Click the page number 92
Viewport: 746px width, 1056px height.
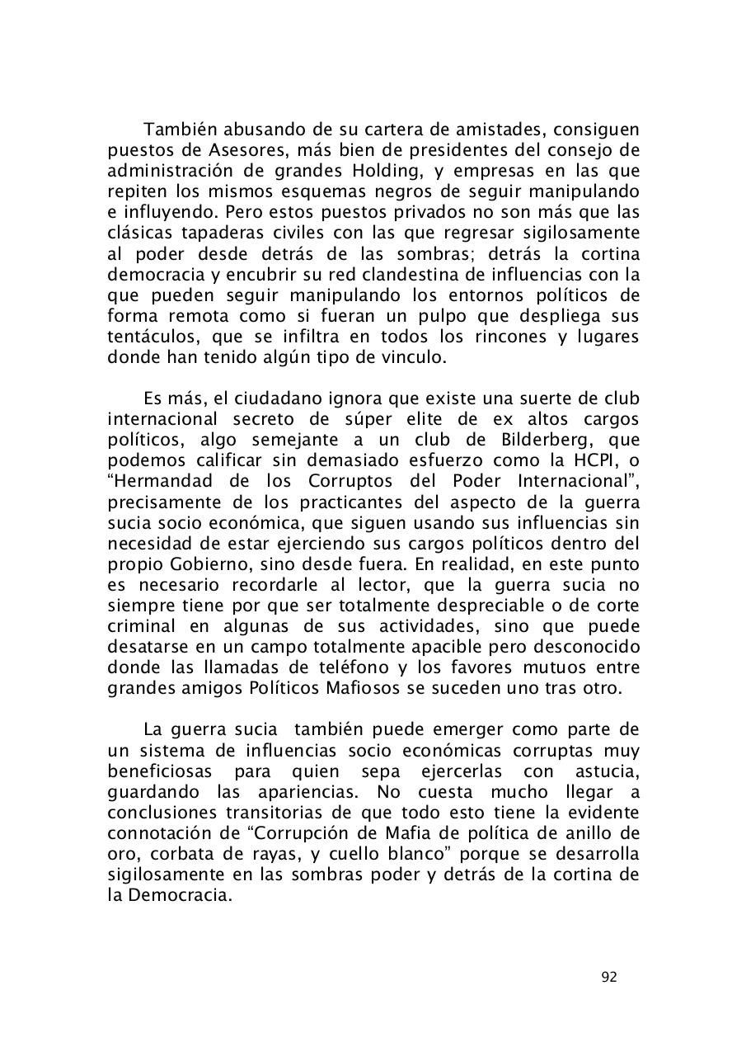609,977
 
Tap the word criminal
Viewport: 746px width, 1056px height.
142,626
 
